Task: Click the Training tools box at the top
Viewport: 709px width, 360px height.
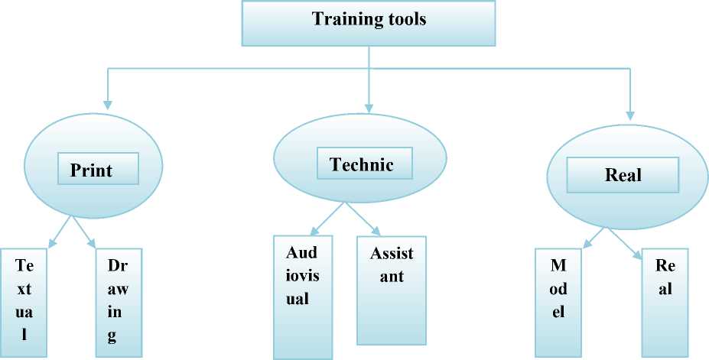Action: click(x=369, y=23)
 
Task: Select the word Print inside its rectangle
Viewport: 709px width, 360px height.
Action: click(x=91, y=170)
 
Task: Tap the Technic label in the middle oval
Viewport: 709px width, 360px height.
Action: click(x=362, y=164)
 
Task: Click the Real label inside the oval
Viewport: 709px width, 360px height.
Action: click(x=623, y=174)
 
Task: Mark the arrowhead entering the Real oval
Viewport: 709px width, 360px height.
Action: click(x=630, y=116)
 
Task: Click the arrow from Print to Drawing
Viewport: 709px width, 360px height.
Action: click(x=84, y=232)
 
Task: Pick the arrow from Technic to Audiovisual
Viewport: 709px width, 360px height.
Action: click(x=327, y=218)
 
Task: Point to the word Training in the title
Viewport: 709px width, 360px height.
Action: click(x=341, y=19)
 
